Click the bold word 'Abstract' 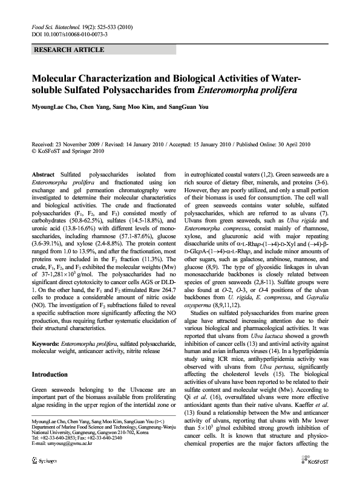[x=42, y=174]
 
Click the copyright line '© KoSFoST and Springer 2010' [x=68, y=152]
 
